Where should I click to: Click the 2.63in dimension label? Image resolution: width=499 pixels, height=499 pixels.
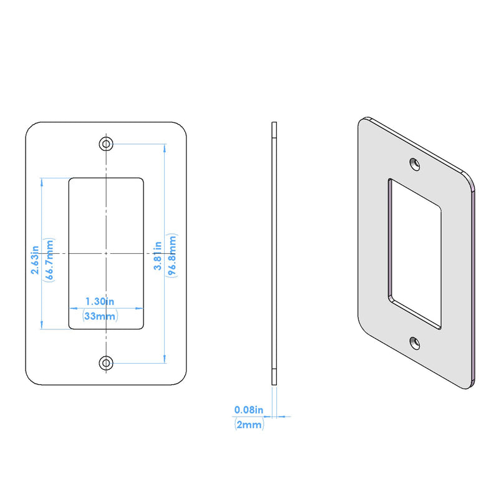35,260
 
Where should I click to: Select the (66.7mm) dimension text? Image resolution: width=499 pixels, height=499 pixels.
49,259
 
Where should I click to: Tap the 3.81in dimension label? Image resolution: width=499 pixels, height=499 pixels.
158,256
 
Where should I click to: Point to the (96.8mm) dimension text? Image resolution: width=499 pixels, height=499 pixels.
172,256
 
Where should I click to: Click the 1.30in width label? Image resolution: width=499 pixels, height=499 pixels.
100,301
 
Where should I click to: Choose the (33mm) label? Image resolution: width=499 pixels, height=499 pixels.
100,316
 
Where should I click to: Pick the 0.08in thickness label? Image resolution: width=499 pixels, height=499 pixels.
249,410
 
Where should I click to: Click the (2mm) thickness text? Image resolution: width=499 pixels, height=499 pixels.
249,425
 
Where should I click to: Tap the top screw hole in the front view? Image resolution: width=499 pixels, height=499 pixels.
106,144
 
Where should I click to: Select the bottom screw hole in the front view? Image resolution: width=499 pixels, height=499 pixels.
106,363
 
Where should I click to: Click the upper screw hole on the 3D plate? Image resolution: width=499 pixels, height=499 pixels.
415,164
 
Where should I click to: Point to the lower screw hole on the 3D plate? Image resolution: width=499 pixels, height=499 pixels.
415,343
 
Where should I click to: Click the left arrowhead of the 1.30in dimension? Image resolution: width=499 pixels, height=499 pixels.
73,308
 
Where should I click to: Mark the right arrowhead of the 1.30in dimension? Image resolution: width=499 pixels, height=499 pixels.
139,308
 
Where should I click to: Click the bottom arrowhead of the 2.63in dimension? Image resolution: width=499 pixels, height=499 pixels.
42,325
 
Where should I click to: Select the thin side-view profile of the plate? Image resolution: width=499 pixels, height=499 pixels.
274,253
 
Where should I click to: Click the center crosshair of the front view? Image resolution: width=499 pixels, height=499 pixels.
106,253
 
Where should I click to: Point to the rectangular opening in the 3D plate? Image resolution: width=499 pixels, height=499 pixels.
415,254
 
